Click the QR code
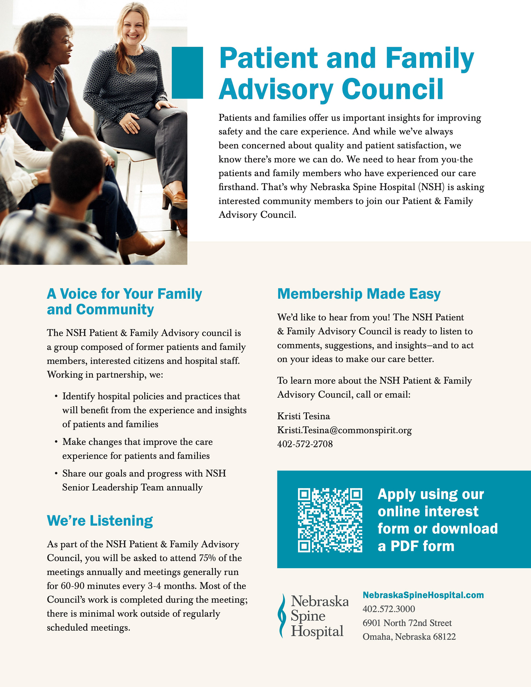tap(330, 520)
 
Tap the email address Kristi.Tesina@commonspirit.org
tap(344, 430)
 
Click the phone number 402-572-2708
tap(305, 444)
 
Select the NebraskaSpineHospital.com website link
tap(423, 595)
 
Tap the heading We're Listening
tap(100, 521)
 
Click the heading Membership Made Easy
tap(358, 294)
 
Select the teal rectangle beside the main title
tap(187, 73)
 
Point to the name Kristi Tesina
tap(303, 416)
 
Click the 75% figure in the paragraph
tap(207, 558)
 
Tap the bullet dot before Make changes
tap(56, 442)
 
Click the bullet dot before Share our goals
tap(56, 473)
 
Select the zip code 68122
tap(444, 637)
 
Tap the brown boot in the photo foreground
tap(142, 244)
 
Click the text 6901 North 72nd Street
tap(407, 623)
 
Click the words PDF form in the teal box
tap(422, 546)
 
